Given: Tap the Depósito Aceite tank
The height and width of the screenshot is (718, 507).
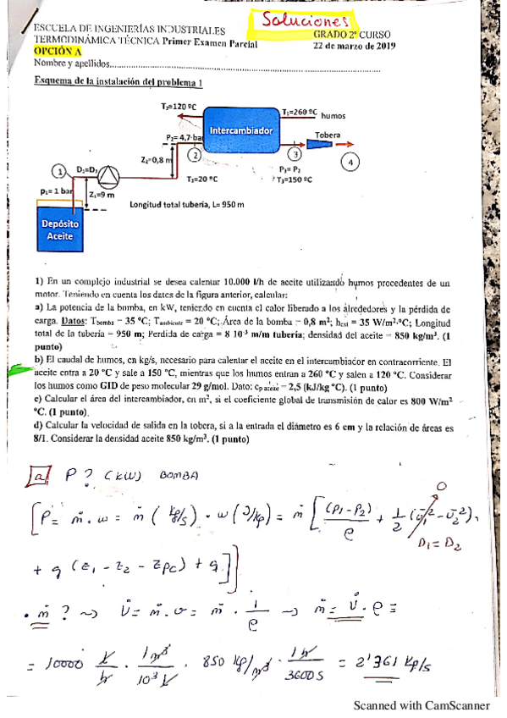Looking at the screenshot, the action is click(x=60, y=229).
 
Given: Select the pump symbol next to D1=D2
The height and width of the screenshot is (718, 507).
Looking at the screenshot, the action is click(x=109, y=176).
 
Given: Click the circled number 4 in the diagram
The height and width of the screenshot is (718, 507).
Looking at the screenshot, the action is click(x=350, y=162).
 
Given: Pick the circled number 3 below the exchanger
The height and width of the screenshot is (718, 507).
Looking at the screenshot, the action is click(x=294, y=154).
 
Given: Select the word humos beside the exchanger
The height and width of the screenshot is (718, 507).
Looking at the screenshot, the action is click(x=333, y=116).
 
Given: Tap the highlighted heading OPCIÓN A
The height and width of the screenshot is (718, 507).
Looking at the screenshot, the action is click(x=52, y=52).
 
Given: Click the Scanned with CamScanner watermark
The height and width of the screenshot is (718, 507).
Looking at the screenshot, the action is click(x=422, y=704).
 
